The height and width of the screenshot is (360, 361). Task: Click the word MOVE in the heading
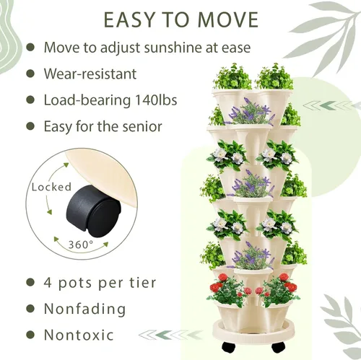228,19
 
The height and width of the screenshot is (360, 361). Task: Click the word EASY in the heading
129,19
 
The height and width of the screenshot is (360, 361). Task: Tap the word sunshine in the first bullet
173,48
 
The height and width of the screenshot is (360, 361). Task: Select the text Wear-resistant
90,74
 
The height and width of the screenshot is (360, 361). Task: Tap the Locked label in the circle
51,187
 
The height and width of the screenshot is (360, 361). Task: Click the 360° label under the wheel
81,245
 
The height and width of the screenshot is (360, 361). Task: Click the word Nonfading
84,309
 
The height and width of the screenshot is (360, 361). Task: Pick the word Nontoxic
79,335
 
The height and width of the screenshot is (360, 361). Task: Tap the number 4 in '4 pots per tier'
48,283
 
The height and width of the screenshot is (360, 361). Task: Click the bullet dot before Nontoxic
30,335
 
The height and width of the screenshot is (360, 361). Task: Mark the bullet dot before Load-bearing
30,100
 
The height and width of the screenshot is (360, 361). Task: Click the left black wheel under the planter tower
228,347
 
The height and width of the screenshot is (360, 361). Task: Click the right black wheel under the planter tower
279,347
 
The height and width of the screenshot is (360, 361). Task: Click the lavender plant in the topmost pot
251,111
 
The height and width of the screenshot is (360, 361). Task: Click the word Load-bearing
87,100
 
